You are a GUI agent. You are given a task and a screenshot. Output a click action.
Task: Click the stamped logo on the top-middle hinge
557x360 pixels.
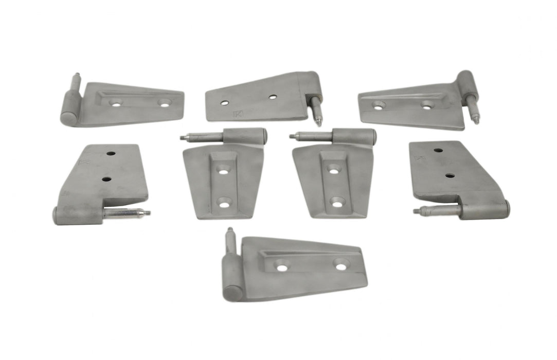(237, 114)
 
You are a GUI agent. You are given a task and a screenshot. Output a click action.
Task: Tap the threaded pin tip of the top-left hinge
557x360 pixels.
(77, 76)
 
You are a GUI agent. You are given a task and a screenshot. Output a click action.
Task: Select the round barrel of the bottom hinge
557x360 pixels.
(232, 280)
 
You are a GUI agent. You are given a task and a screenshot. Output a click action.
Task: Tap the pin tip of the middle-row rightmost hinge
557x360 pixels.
(416, 210)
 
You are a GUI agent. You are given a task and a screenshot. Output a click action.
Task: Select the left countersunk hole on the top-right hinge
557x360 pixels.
(379, 105)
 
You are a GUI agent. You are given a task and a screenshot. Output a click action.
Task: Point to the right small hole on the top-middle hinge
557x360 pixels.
(273, 96)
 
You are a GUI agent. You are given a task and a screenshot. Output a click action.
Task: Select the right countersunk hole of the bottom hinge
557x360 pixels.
(341, 265)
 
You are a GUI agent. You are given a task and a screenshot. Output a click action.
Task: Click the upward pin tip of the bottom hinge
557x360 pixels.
(229, 231)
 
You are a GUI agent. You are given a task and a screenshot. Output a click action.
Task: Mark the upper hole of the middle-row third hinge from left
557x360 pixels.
(333, 168)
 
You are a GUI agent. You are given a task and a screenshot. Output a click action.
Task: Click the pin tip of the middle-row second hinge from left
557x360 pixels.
(183, 137)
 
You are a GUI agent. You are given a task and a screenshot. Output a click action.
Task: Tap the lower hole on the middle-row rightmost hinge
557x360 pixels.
(450, 175)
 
